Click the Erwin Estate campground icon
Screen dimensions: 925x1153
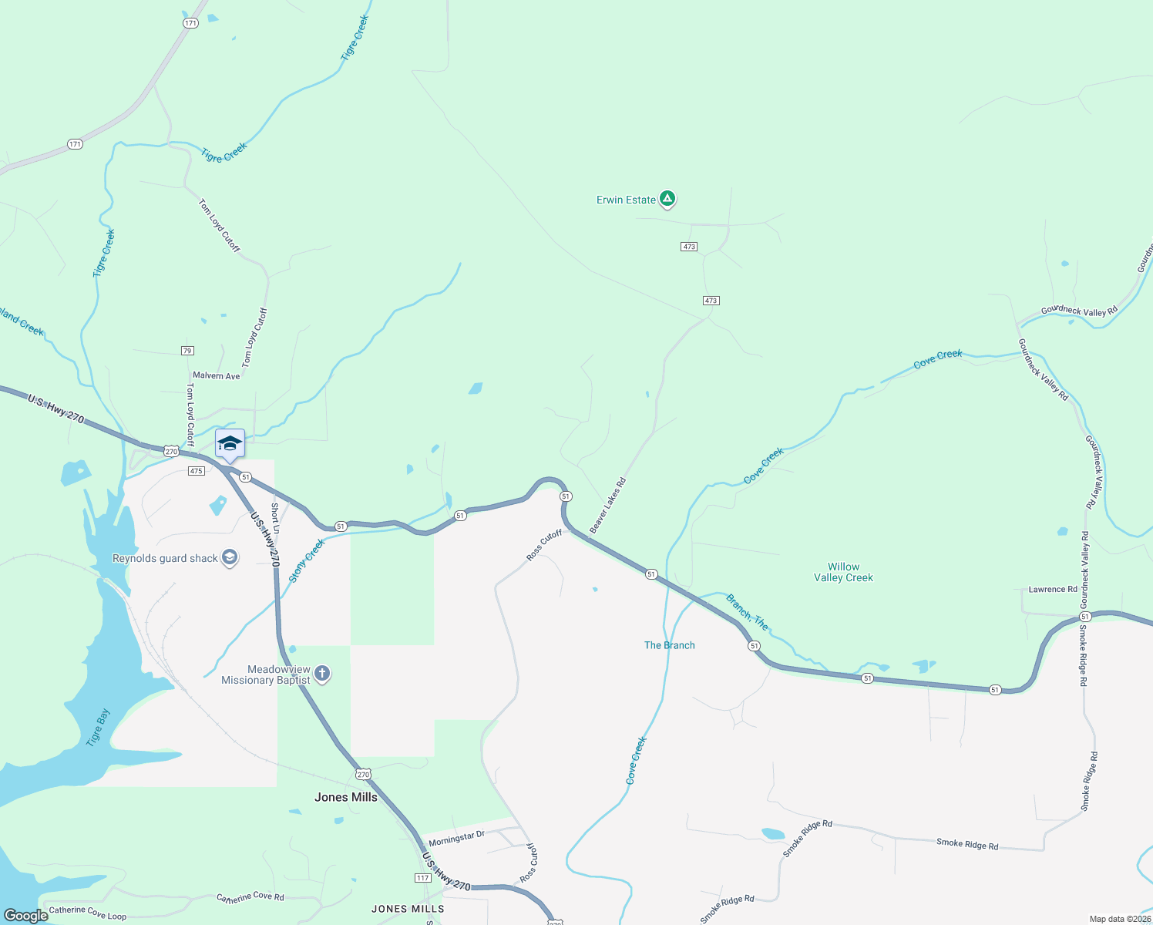[x=667, y=200]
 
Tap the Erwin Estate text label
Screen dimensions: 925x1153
[x=626, y=200]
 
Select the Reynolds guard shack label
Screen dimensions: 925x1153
[x=165, y=559]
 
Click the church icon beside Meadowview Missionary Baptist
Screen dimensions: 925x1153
[x=322, y=674]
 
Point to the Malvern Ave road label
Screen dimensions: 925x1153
[x=217, y=376]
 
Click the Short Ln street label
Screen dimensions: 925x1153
[x=275, y=519]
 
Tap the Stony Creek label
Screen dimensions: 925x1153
[x=308, y=560]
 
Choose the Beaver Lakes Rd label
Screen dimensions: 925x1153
[x=608, y=506]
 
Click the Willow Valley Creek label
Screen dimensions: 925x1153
[x=843, y=572]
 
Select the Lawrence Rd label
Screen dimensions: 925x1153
[x=1053, y=590]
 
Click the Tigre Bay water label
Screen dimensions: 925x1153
[x=98, y=728]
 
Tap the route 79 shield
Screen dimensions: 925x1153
[x=187, y=351]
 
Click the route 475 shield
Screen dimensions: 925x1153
[x=196, y=471]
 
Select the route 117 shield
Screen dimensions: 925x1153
[x=422, y=878]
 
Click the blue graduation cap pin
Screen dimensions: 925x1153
[x=230, y=444]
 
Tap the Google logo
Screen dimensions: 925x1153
[x=26, y=916]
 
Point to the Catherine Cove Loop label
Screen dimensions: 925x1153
[x=88, y=913]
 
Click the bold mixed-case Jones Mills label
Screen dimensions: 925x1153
[x=346, y=797]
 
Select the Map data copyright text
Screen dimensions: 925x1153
[x=1119, y=919]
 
